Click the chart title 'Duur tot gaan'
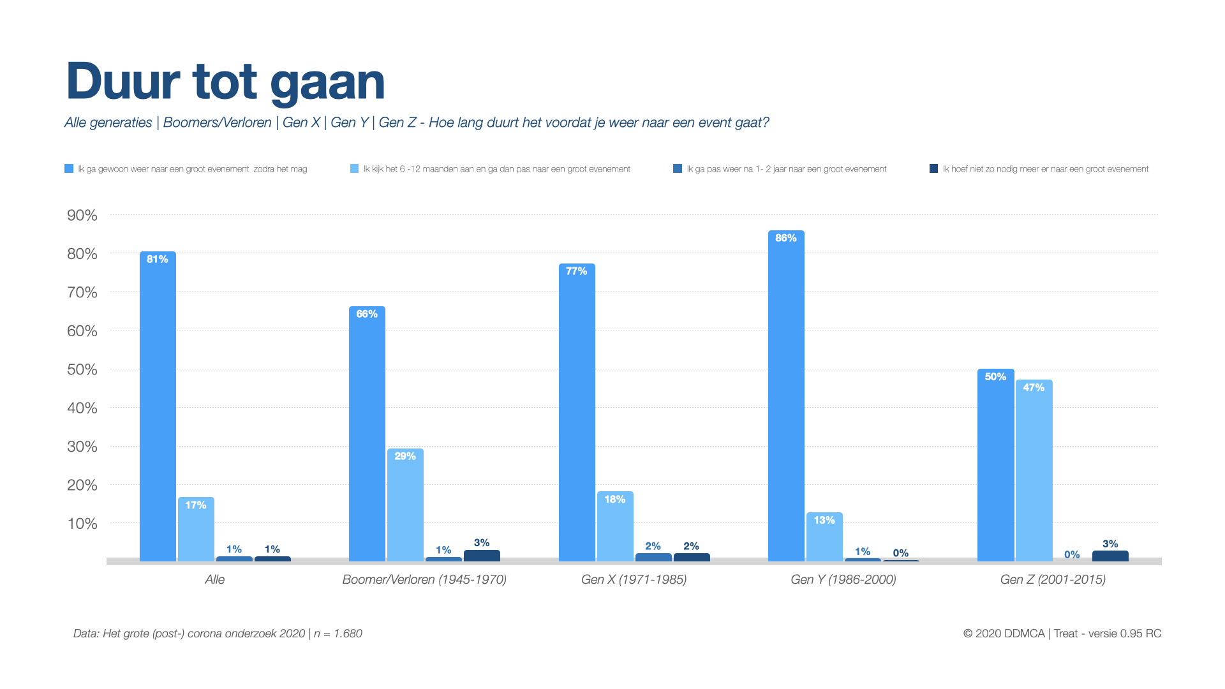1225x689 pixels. (225, 82)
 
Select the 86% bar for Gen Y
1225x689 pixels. (786, 396)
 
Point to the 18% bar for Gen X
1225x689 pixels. (615, 526)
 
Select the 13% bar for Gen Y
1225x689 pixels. (824, 537)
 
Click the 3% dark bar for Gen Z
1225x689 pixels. (1110, 556)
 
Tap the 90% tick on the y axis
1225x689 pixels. (82, 216)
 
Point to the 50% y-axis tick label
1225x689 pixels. (82, 370)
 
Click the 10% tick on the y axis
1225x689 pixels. (82, 524)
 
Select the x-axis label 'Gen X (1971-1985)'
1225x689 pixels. (634, 579)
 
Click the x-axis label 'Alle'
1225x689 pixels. (215, 579)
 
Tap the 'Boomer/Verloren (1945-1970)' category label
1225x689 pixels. (424, 579)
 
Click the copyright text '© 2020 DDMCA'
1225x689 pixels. (1004, 633)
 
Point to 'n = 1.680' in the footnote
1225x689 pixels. (338, 633)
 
